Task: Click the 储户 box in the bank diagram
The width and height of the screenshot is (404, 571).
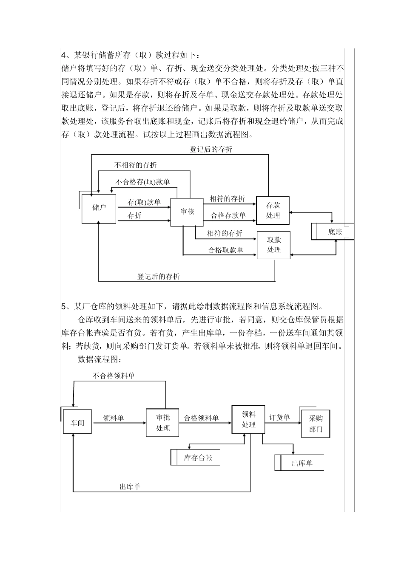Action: point(99,208)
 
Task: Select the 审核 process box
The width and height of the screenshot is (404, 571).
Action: point(187,212)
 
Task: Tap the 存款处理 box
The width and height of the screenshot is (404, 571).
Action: point(273,210)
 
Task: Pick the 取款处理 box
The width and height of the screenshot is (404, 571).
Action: point(274,245)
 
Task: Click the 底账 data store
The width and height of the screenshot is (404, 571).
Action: point(334,232)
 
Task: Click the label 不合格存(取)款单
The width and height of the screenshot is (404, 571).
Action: point(143,182)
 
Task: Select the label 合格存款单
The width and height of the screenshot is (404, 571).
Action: point(228,215)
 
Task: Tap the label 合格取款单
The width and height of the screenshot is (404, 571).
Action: point(225,250)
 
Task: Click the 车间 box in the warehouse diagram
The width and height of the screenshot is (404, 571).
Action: point(77,423)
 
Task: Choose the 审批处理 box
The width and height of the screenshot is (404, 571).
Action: point(163,423)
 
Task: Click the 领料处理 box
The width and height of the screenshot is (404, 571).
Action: point(248,419)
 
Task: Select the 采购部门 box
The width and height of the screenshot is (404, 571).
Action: point(316,424)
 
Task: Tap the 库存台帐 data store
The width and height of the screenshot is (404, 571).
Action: point(198,458)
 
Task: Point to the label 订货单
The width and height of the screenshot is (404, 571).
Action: point(279,418)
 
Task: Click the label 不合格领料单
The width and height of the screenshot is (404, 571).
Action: point(114,376)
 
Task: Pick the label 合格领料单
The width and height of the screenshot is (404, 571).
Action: point(201,418)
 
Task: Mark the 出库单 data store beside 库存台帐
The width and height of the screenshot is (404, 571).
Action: point(302,463)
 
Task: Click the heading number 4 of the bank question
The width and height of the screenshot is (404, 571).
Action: point(63,55)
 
